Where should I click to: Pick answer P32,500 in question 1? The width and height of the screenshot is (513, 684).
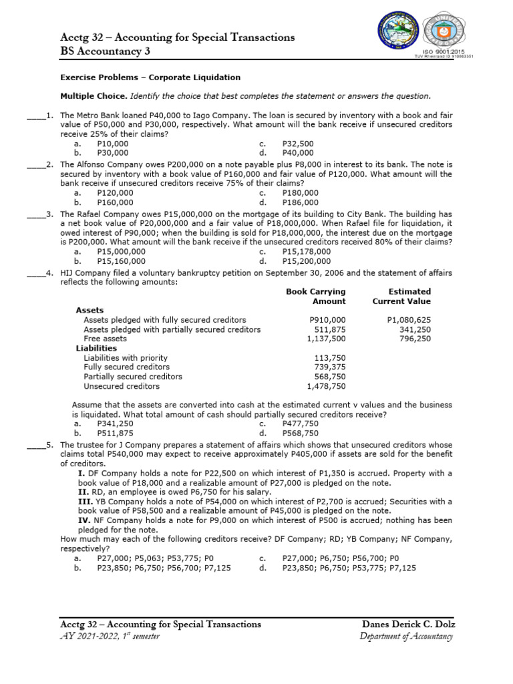tap(298, 144)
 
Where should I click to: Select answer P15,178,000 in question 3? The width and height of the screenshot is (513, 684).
tap(306, 252)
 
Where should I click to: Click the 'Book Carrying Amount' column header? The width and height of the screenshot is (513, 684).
tap(317, 296)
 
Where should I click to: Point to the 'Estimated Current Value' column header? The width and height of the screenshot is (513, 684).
tap(401, 296)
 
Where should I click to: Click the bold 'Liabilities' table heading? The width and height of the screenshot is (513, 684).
tap(96, 348)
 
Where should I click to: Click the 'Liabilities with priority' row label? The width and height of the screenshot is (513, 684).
tap(126, 357)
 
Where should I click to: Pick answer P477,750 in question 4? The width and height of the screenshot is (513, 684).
tap(301, 423)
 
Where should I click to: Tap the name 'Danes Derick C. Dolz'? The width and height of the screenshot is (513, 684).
tap(407, 624)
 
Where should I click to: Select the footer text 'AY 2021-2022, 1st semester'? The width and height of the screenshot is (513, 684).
tap(110, 636)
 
